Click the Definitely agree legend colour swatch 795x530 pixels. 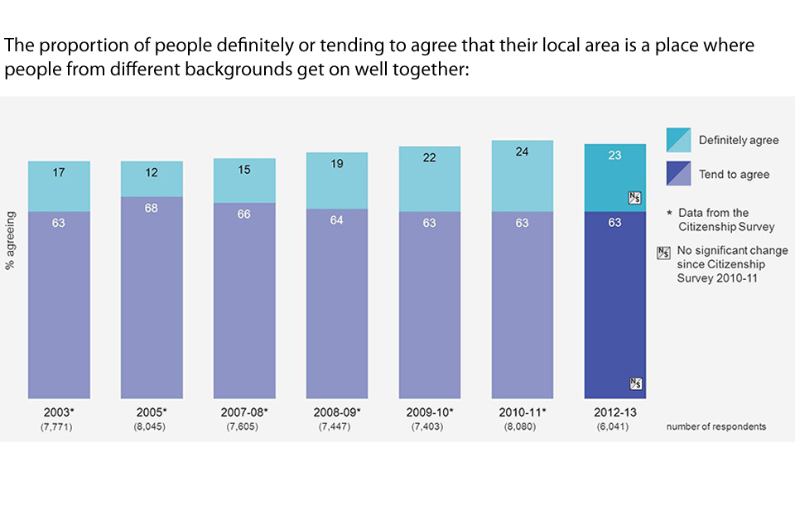(678, 140)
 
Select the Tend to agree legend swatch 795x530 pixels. (678, 173)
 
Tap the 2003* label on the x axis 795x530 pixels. (58, 412)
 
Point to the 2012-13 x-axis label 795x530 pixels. (614, 412)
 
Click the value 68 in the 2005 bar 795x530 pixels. (152, 208)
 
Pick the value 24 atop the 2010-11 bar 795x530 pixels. (522, 152)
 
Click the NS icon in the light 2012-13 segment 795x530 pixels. (635, 198)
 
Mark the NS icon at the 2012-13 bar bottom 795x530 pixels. (635, 383)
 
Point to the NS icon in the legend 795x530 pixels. (662, 253)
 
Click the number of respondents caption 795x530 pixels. (716, 426)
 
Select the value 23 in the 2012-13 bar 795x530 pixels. (614, 155)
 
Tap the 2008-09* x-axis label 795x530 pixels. (336, 412)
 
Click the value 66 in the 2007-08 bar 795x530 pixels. (243, 214)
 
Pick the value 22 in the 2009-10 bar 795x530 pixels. (429, 157)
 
